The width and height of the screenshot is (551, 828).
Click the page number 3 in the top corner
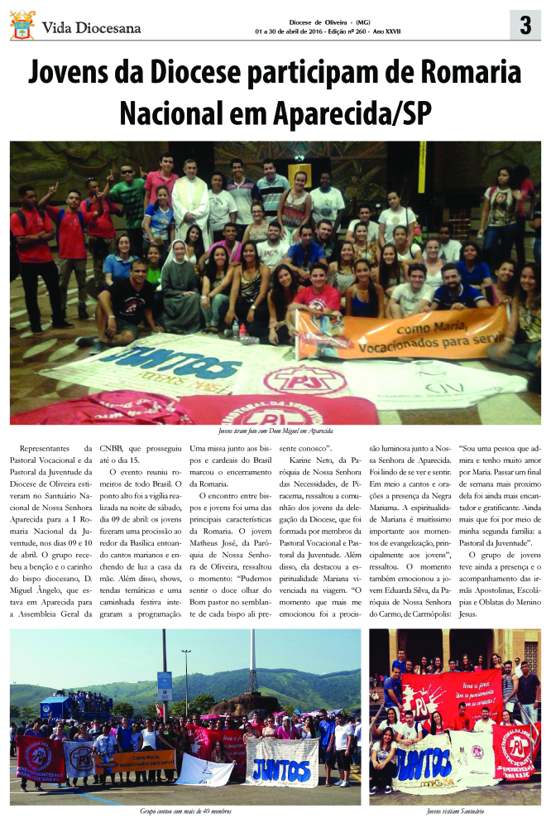pyautogui.click(x=525, y=26)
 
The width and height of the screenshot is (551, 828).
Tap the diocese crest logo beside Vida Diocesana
pyautogui.click(x=22, y=26)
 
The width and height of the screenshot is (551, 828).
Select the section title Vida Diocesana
pyautogui.click(x=91, y=27)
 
